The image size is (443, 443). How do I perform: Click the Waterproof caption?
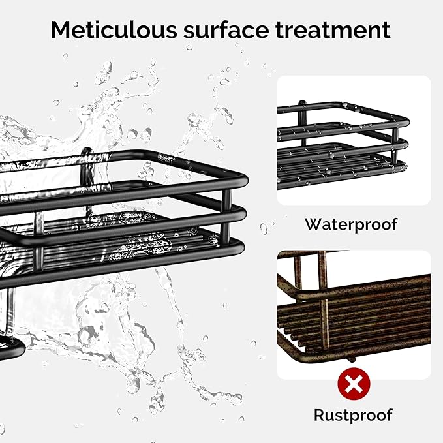[351, 224]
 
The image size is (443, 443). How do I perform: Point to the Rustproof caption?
[353, 414]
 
